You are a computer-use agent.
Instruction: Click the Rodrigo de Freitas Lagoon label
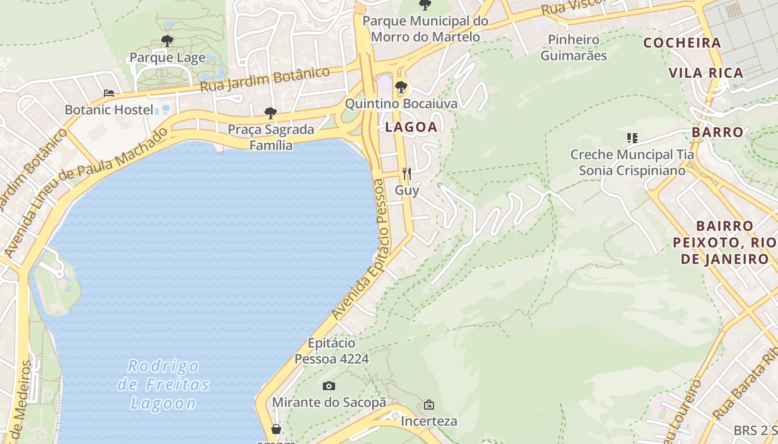click(163, 385)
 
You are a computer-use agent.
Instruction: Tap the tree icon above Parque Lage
click(167, 41)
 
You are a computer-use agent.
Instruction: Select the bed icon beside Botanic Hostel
click(109, 93)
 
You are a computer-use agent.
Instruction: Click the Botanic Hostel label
click(109, 110)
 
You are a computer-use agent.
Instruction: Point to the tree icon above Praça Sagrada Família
click(271, 113)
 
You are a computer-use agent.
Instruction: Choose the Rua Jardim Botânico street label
click(265, 80)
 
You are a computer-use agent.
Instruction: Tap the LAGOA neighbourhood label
click(411, 127)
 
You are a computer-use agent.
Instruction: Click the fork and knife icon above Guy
click(407, 174)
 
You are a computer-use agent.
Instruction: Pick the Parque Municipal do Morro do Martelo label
click(425, 29)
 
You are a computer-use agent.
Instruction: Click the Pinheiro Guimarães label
click(573, 48)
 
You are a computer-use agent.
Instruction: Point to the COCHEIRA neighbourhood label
click(682, 43)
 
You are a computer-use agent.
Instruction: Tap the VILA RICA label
click(706, 73)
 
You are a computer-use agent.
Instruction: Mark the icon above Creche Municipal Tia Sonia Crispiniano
click(632, 138)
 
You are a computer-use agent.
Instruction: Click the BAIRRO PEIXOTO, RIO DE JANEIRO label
click(724, 243)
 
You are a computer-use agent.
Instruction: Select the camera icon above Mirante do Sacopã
click(329, 386)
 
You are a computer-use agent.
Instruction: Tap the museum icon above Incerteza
click(428, 405)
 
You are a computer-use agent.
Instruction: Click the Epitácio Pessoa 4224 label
click(331, 351)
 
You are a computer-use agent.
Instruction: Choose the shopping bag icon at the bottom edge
click(276, 429)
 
